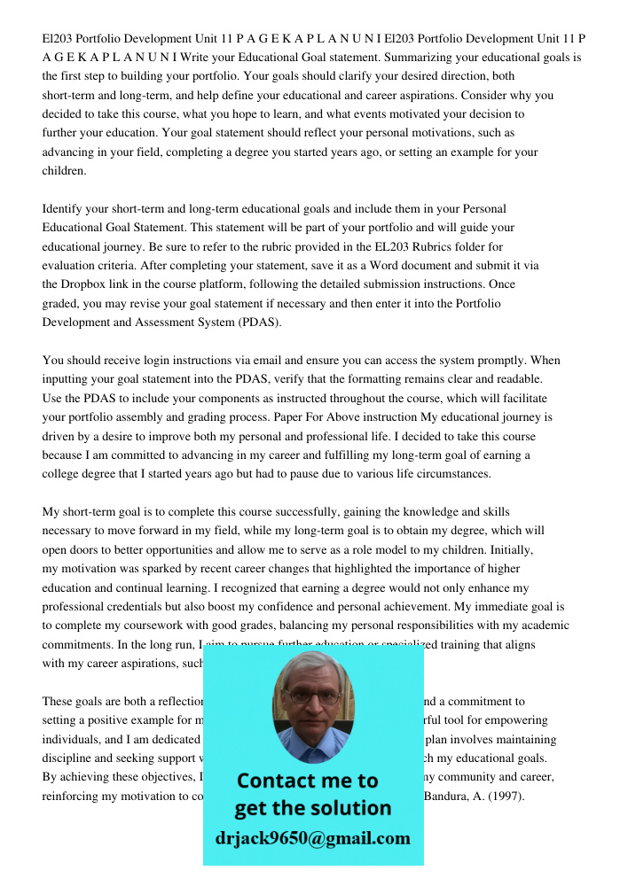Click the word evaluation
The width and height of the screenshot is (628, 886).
(74, 266)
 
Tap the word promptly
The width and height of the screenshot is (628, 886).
(523, 361)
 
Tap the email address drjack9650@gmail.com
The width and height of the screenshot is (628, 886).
(313, 838)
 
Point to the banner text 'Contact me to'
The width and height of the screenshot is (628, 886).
(308, 781)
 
